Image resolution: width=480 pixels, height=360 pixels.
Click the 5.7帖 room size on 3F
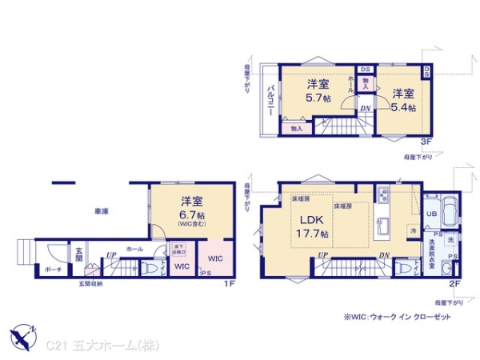pyautogui.click(x=318, y=99)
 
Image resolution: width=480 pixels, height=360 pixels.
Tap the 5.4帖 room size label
pyautogui.click(x=402, y=108)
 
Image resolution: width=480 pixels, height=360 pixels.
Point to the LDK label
pyautogui.click(x=310, y=221)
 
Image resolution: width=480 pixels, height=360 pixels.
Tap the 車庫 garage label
pyautogui.click(x=102, y=212)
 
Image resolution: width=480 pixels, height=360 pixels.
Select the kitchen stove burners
pyautogui.click(x=382, y=194)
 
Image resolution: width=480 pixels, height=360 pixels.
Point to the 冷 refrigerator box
pyautogui.click(x=414, y=229)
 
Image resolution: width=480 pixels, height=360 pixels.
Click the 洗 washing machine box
pyautogui.click(x=451, y=241)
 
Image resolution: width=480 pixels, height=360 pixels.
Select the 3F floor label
pyautogui.click(x=428, y=142)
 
